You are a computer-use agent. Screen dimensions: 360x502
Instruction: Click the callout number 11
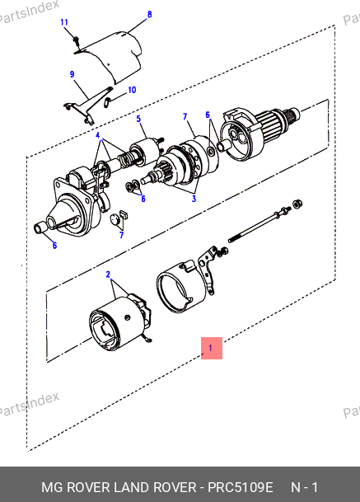pyautogui.click(x=64, y=22)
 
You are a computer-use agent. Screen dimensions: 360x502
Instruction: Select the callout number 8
pyautogui.click(x=149, y=14)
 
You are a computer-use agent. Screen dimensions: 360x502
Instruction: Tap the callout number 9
pyautogui.click(x=72, y=74)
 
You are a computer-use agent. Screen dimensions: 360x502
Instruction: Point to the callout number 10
pyautogui.click(x=132, y=90)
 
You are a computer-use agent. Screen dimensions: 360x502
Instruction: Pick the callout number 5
pyautogui.click(x=138, y=119)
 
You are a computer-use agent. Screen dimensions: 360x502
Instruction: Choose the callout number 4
pyautogui.click(x=97, y=135)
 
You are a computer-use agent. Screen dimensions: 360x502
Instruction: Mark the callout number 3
pyautogui.click(x=194, y=199)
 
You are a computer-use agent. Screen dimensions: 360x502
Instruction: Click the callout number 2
pyautogui.click(x=108, y=274)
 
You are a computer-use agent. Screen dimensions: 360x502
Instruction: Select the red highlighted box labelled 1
pyautogui.click(x=212, y=348)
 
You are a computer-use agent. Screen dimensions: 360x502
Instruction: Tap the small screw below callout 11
pyautogui.click(x=76, y=40)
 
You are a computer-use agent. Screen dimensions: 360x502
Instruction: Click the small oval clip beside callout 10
pyautogui.click(x=108, y=102)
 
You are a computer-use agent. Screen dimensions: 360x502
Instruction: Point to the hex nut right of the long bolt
pyautogui.click(x=297, y=204)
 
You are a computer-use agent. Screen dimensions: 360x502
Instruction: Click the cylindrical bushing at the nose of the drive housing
pyautogui.click(x=40, y=228)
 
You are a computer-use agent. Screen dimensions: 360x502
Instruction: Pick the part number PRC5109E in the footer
pyautogui.click(x=241, y=487)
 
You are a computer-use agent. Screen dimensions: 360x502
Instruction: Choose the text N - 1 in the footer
pyautogui.click(x=304, y=487)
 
